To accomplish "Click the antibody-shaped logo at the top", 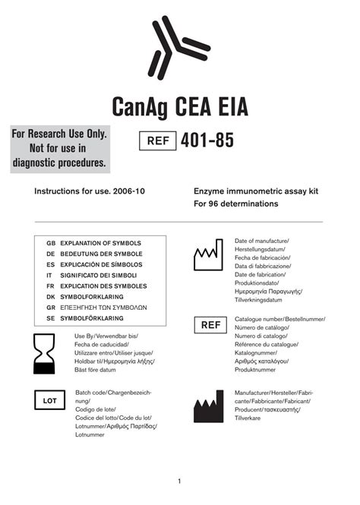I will pyautogui.click(x=178, y=47).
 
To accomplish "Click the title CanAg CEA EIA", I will pyautogui.click(x=179, y=106).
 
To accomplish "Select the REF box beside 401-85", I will pyautogui.click(x=156, y=141).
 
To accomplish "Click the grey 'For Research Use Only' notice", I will pyautogui.click(x=60, y=149).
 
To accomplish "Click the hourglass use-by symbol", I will pyautogui.click(x=49, y=354).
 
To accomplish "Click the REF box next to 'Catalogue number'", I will pyautogui.click(x=210, y=326).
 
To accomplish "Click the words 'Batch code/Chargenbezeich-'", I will pyautogui.click(x=113, y=392).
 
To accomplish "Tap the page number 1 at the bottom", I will pyautogui.click(x=179, y=481).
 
